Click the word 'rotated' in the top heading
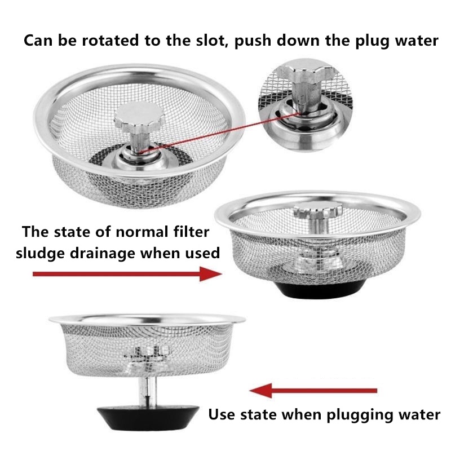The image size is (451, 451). (110, 40)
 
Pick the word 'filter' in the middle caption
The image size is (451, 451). (191, 232)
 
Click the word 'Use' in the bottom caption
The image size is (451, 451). (221, 414)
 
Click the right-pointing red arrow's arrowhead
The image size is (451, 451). (211, 274)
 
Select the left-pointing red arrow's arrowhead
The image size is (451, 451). (260, 391)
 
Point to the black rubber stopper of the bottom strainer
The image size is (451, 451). (148, 417)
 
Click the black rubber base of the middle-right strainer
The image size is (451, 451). (319, 289)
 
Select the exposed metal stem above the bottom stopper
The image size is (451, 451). (148, 391)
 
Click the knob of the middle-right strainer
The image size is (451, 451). (318, 210)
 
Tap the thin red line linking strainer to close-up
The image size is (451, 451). (220, 132)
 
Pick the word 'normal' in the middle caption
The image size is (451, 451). (142, 232)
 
